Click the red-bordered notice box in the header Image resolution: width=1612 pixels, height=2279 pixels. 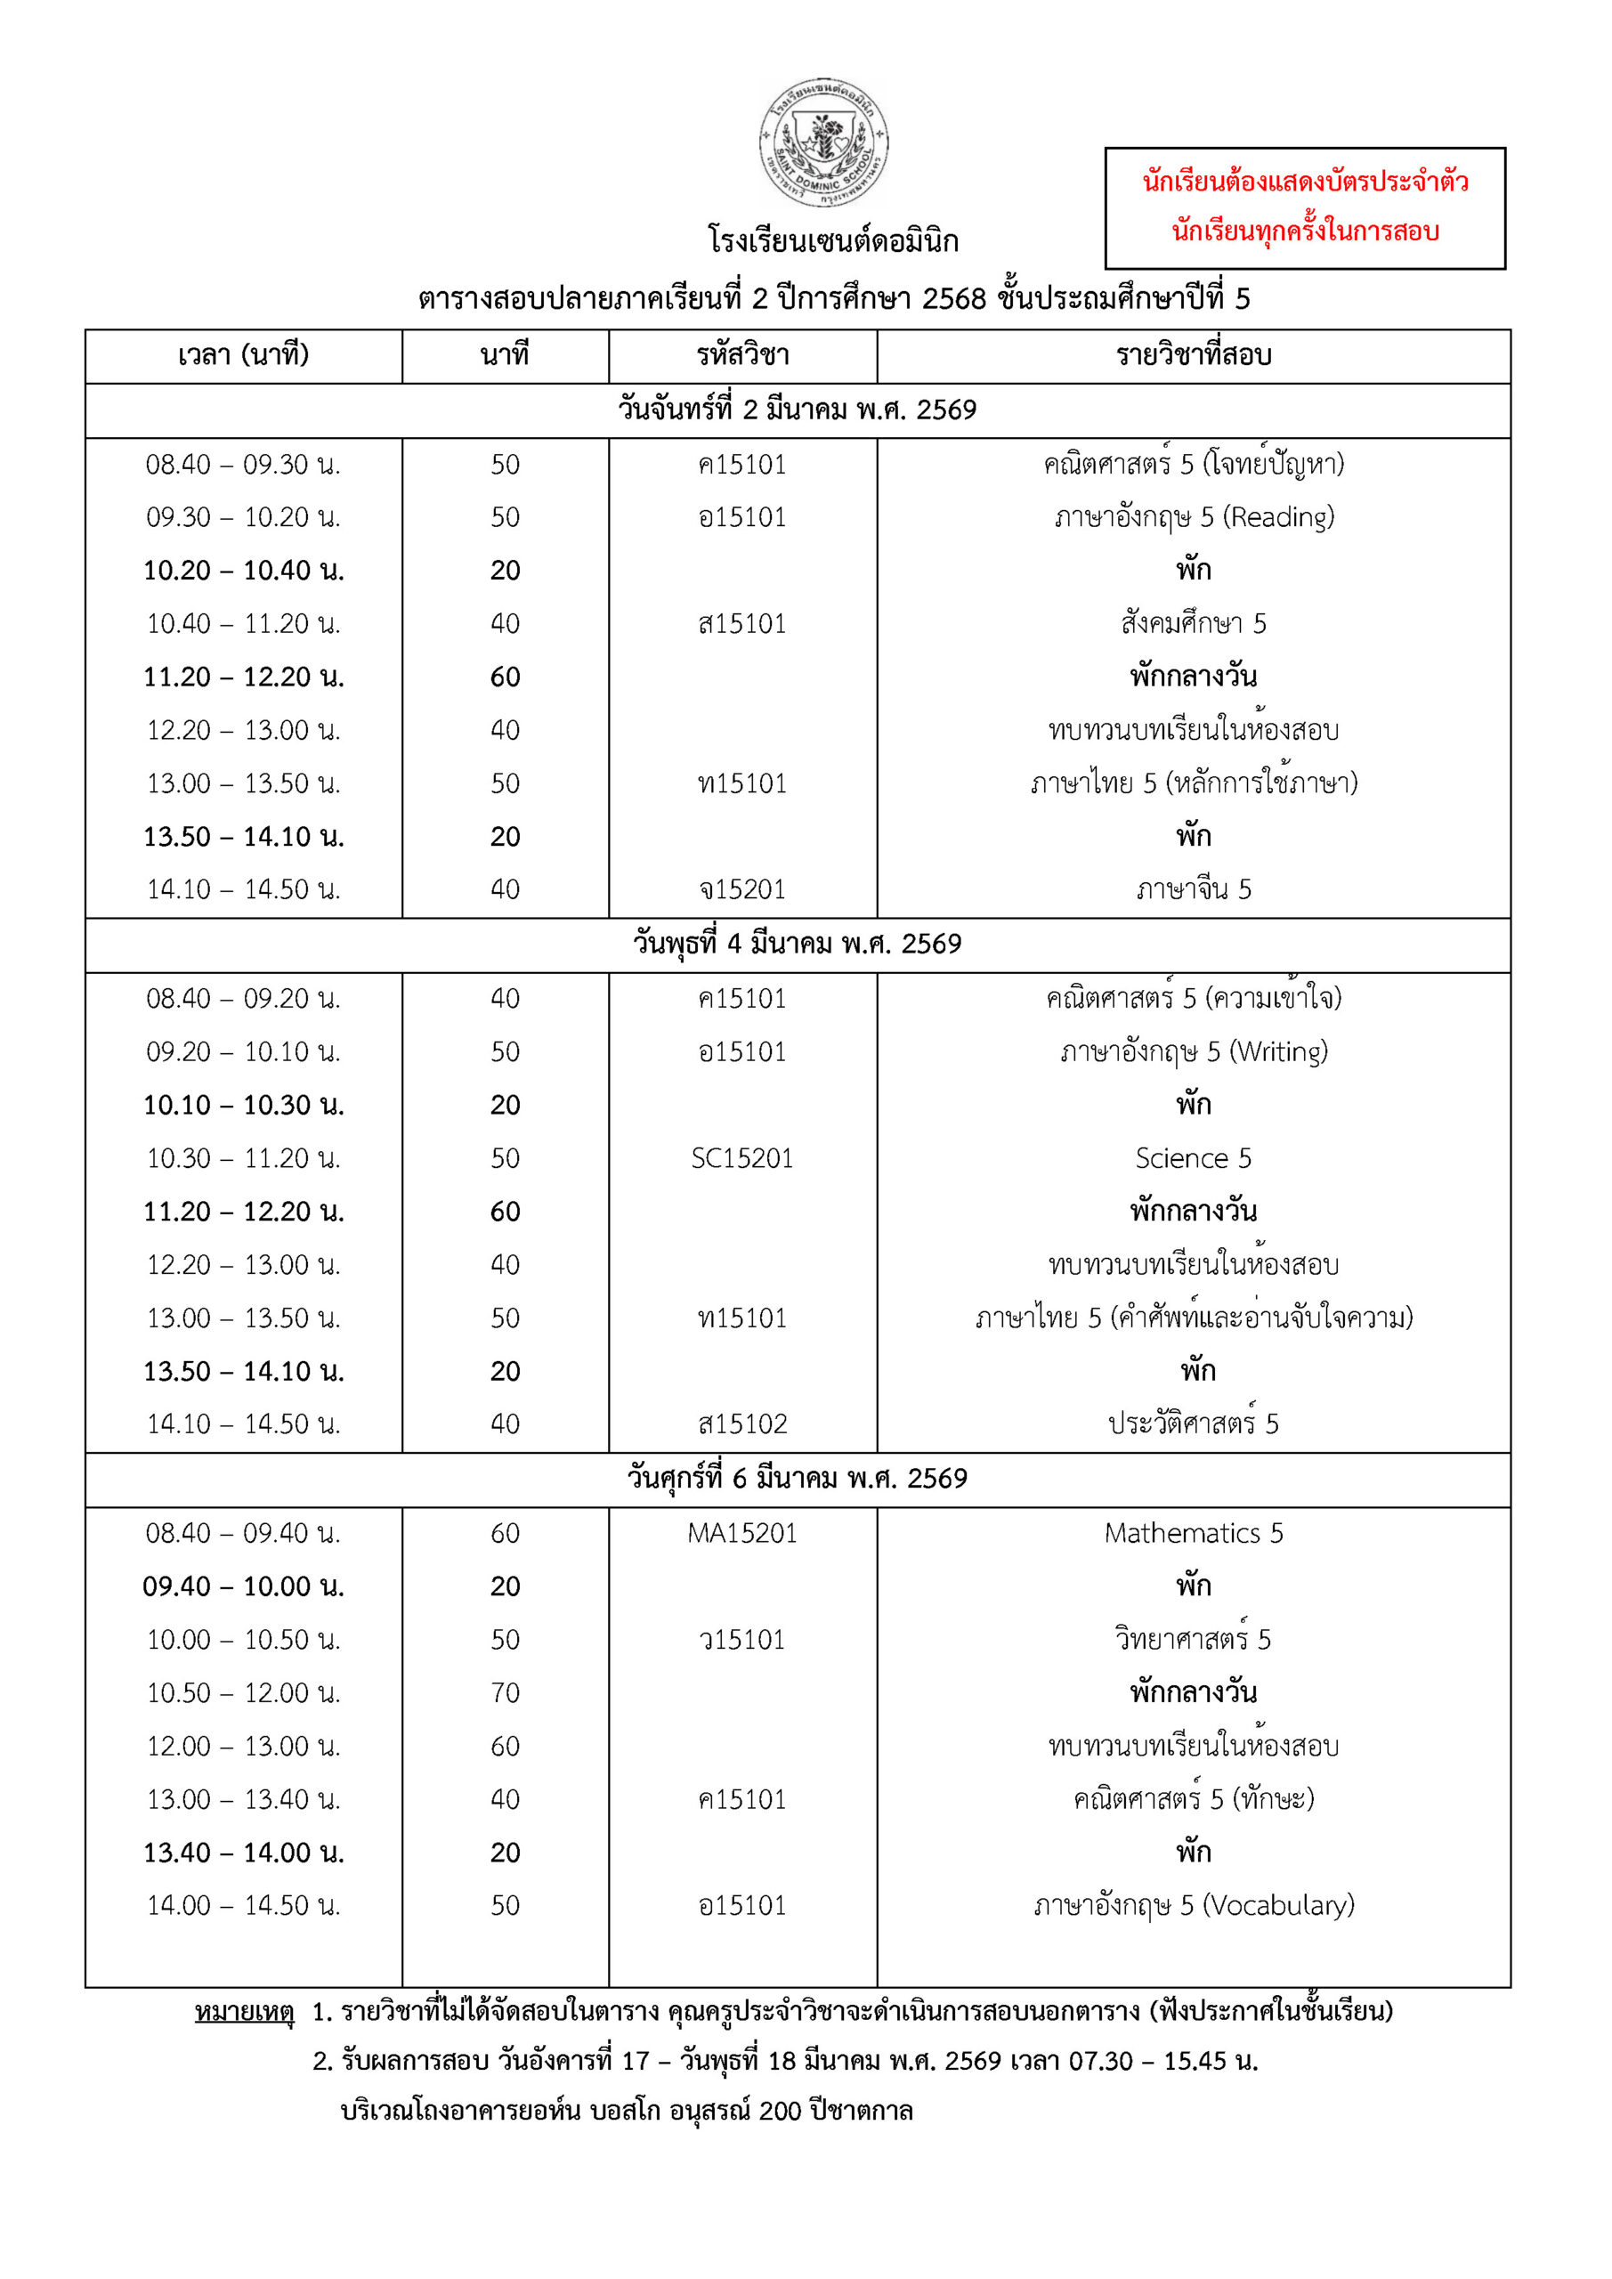pos(1304,207)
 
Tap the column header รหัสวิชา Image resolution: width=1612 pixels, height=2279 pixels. pos(742,355)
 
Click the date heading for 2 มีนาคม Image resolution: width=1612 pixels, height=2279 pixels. pos(797,410)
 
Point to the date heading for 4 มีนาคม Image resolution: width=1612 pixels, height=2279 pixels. pos(797,944)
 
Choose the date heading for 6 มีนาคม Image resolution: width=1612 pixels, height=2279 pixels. pos(797,1479)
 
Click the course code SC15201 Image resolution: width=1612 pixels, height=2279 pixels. pos(742,1158)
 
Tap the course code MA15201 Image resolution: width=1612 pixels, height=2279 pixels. pos(742,1534)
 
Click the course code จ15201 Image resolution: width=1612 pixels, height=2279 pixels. pos(742,889)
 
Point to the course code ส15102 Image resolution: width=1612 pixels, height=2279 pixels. pos(742,1424)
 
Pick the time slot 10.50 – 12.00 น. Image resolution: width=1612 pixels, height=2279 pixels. pos(243,1693)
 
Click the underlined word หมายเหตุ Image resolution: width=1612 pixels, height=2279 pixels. pos(244,2012)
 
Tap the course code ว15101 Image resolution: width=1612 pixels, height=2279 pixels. pos(742,1640)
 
